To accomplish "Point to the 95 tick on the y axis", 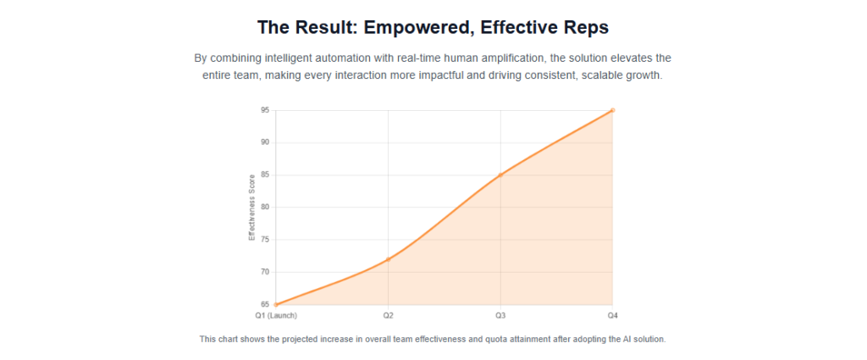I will [265, 110].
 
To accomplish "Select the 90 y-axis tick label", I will [265, 142].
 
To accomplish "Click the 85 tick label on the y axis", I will [265, 175].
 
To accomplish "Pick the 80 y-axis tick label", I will [265, 208].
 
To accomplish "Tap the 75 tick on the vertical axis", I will [265, 240].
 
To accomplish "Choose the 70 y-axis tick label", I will [265, 272].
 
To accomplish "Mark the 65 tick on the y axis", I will [265, 304].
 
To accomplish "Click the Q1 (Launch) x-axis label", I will [276, 315].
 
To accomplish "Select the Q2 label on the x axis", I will [388, 315].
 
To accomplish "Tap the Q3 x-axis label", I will [500, 315].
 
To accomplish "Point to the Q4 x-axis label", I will [612, 315].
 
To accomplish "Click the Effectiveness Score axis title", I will [251, 208].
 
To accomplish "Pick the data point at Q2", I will [388, 259].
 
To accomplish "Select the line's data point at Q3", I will [500, 175].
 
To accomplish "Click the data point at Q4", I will [612, 110].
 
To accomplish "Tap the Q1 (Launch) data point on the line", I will [276, 304].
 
